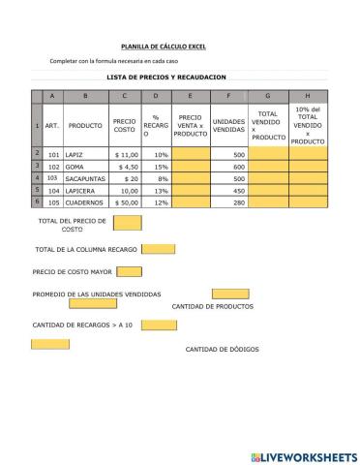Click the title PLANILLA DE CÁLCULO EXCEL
(164, 46)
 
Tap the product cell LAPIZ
(75, 154)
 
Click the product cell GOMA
(75, 166)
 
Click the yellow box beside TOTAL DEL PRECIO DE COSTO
(127, 224)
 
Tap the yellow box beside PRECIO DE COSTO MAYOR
(129, 271)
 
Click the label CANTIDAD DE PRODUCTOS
(213, 305)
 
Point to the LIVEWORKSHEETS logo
(303, 455)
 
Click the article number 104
(53, 191)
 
